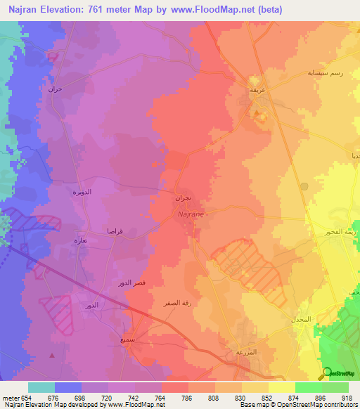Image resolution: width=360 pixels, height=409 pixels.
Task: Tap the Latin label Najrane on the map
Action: [x=191, y=212]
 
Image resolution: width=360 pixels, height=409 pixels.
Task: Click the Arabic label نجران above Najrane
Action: [x=183, y=199]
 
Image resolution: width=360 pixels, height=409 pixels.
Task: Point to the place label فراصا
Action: [x=116, y=231]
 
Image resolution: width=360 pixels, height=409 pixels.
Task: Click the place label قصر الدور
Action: [x=131, y=283]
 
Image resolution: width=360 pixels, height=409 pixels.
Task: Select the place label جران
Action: [x=55, y=89]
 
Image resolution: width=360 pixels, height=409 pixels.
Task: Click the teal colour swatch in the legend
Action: [x=41, y=387]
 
